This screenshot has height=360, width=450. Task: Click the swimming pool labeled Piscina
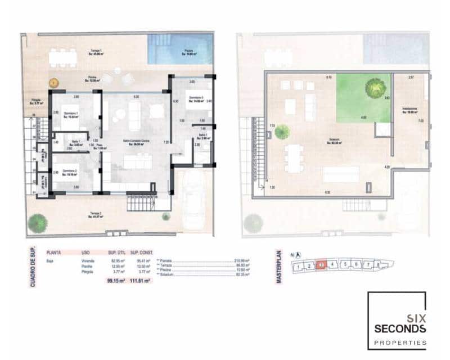179,51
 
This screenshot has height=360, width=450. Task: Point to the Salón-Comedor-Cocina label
135,142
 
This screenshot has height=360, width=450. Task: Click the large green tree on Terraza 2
37,222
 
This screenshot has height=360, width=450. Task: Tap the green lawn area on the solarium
364,98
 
